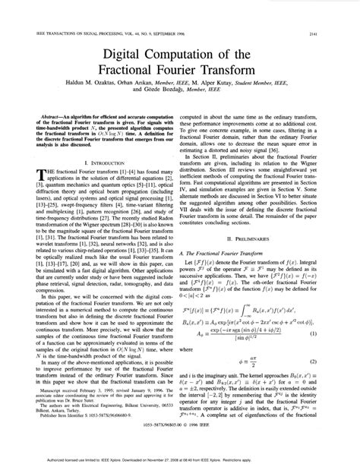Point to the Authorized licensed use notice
tap(179, 459)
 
